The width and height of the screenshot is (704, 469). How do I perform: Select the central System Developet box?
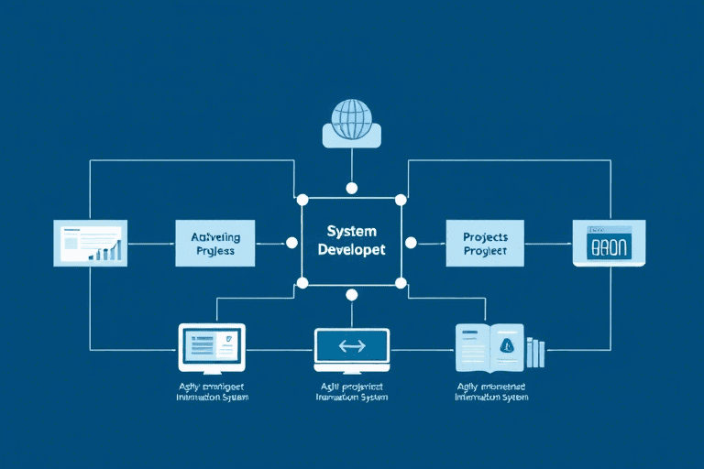pos(351,243)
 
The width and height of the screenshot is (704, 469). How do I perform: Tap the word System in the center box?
pos(351,232)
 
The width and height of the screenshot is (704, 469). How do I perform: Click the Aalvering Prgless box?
pos(214,243)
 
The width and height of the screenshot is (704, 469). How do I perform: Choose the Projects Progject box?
pos(485,243)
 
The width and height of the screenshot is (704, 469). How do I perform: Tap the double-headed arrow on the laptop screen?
pos(351,346)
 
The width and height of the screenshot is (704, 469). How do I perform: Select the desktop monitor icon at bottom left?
pos(211,348)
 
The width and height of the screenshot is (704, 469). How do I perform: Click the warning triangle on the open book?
pos(506,345)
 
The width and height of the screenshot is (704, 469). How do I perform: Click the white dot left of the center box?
pos(291,243)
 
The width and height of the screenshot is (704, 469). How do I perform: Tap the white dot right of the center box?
pos(411,243)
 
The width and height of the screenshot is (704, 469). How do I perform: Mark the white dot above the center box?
pos(351,188)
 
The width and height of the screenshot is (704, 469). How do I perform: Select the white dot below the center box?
pos(351,295)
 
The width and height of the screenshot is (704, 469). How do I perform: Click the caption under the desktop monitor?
pos(212,392)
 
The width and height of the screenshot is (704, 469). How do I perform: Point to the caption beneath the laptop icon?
pos(351,392)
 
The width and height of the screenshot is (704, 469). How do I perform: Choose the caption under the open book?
pos(492,392)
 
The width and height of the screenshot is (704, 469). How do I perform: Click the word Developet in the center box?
pos(351,250)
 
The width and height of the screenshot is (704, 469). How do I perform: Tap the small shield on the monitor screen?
pos(229,340)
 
